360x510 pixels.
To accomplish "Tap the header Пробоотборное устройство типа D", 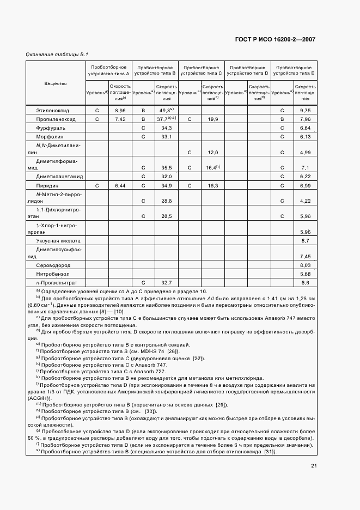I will click(247, 69).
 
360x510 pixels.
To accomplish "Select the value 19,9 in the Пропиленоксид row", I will click(212, 119).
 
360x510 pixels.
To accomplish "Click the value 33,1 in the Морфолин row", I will click(167, 136).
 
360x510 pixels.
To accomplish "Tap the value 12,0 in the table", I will click(212, 153).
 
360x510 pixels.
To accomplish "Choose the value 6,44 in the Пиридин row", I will click(120, 186).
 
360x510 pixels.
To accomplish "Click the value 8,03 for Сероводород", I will click(304, 265).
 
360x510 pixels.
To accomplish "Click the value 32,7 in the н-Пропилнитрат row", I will click(167, 282).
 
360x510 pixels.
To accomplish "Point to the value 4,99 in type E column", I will click(304, 153).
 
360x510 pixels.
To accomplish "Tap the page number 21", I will click(314, 465).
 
